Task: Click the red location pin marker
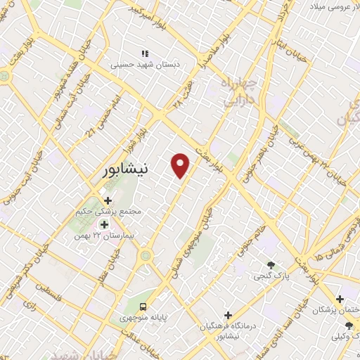point(181,165)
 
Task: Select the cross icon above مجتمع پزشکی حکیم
point(107,201)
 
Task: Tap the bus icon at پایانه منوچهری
point(143,307)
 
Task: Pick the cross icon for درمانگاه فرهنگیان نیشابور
point(227,314)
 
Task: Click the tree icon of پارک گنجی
point(271,265)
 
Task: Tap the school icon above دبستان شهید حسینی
point(145,53)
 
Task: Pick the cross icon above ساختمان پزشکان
point(340,299)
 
